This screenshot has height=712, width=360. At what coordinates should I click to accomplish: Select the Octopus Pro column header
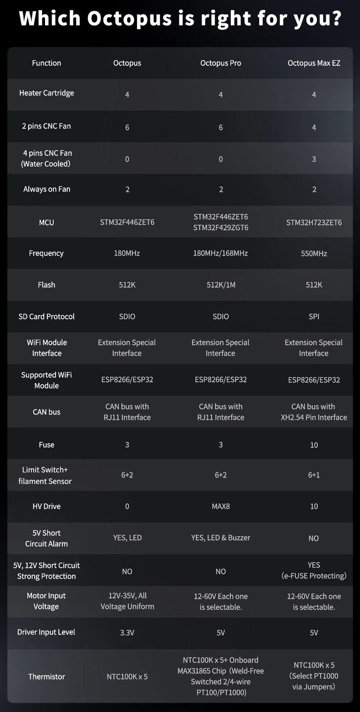coord(220,63)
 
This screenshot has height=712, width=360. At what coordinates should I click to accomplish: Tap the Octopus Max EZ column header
coord(314,63)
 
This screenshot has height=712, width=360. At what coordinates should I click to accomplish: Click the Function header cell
coord(46,63)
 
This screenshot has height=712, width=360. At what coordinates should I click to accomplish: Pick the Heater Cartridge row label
coord(46,93)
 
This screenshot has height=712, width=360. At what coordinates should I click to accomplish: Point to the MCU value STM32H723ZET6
coord(314,222)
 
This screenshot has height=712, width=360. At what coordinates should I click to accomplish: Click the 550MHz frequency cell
coord(314,254)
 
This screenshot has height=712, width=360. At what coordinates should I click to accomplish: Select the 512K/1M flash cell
coord(221,285)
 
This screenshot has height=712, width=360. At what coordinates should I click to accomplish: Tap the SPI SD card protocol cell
coord(314,317)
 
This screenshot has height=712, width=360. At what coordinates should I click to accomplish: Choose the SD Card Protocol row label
coord(46,317)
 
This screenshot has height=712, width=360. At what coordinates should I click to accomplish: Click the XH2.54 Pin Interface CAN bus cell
coord(314,412)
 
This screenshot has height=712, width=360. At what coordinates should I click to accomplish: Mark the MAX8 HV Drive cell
coord(221,506)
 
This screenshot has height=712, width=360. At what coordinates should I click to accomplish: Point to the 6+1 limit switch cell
coord(314,475)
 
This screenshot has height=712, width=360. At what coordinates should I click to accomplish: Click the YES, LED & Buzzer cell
coord(220,538)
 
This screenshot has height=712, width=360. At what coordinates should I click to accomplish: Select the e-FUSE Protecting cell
coord(314,571)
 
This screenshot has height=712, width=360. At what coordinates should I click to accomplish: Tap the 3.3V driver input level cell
coord(127,633)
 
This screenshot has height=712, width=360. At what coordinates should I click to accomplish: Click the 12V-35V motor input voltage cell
coord(127,601)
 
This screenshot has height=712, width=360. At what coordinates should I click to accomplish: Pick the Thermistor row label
coord(46,677)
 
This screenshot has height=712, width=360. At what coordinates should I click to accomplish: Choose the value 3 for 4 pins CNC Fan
coord(314,159)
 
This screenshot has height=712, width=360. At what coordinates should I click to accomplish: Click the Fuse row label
coord(46,445)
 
